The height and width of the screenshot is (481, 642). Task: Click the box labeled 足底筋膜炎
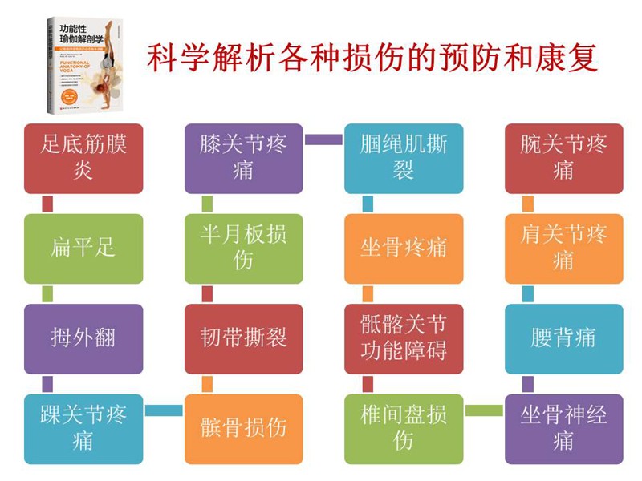pos(83,158)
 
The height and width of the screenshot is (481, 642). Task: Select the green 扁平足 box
pos(83,249)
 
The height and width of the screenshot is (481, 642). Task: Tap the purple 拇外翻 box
pos(83,338)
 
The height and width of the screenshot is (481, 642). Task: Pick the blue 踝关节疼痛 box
pos(83,429)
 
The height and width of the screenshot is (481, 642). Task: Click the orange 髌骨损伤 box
pos(244,429)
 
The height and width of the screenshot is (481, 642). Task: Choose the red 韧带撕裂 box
pos(244,338)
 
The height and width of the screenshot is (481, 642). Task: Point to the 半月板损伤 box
pos(244,249)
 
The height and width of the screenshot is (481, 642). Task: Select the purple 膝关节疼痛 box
pos(244,158)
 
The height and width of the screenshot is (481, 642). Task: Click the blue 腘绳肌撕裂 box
pos(404,158)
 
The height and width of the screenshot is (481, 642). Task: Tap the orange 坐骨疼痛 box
pos(404,249)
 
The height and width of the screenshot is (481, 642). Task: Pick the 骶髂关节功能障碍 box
pos(404,338)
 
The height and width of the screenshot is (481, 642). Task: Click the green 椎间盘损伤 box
pos(404,429)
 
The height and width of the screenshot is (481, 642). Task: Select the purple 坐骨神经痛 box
pos(564,429)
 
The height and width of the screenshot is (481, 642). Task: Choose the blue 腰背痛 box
pos(564,338)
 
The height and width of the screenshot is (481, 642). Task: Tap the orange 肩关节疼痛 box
pos(564,249)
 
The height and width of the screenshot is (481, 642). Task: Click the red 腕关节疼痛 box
pos(564,158)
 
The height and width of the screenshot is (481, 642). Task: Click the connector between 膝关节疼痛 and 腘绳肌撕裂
pos(324,139)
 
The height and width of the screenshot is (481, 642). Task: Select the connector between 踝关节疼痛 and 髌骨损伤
pos(164,410)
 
